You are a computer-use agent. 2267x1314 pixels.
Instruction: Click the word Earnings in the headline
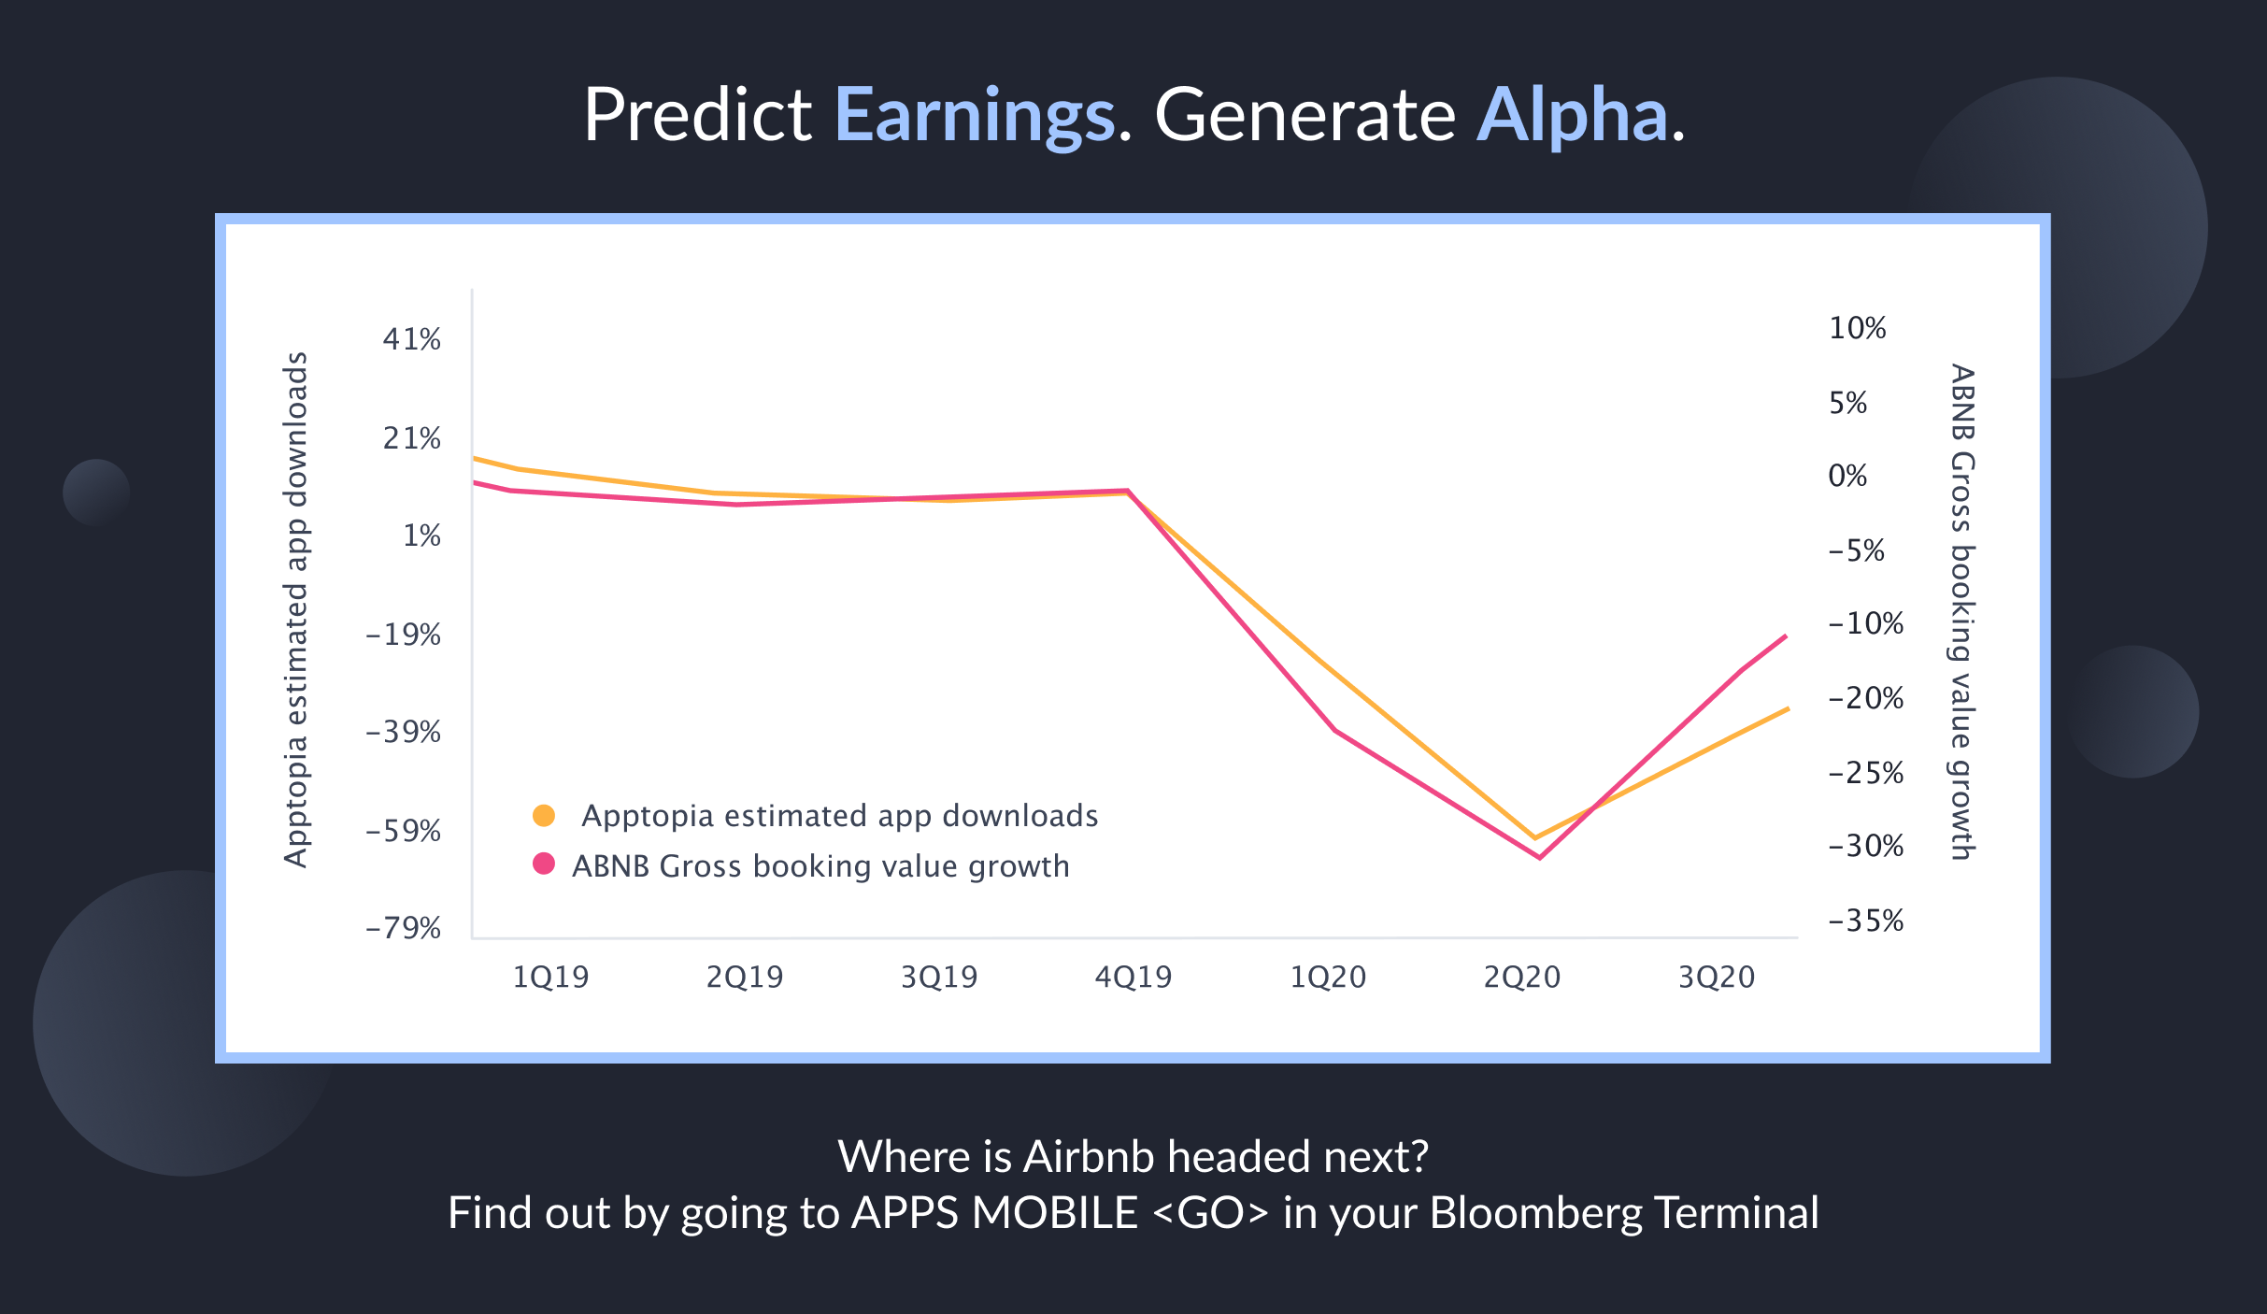tap(975, 116)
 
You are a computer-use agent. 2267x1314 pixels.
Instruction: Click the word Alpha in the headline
tap(1572, 116)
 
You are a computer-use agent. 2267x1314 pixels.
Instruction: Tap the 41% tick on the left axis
tap(411, 339)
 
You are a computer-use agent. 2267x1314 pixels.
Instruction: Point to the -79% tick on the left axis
tap(404, 928)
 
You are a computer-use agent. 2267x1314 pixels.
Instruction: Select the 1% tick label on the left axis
tap(421, 536)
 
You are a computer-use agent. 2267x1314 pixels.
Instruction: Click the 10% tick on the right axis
tap(1857, 328)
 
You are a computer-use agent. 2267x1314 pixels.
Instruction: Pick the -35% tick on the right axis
tap(1865, 921)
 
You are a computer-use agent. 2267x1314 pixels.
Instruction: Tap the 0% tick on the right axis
tap(1847, 476)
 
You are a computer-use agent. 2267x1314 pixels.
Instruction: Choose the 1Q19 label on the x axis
tap(550, 977)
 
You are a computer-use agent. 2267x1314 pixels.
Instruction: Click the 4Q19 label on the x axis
tap(1133, 977)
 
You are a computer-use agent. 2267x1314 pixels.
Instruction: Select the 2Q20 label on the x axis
tap(1521, 977)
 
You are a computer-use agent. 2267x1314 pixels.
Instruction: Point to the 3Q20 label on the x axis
tap(1717, 977)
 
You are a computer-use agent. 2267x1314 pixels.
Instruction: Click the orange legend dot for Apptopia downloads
tap(544, 816)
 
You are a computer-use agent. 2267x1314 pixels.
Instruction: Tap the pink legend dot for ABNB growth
tap(544, 864)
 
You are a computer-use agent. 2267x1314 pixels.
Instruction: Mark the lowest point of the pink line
tap(1539, 857)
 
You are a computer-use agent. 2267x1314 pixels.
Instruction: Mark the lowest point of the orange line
tap(1534, 837)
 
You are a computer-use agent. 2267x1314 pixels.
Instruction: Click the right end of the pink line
tap(1786, 636)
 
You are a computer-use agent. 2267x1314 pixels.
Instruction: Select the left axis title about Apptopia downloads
tap(296, 609)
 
